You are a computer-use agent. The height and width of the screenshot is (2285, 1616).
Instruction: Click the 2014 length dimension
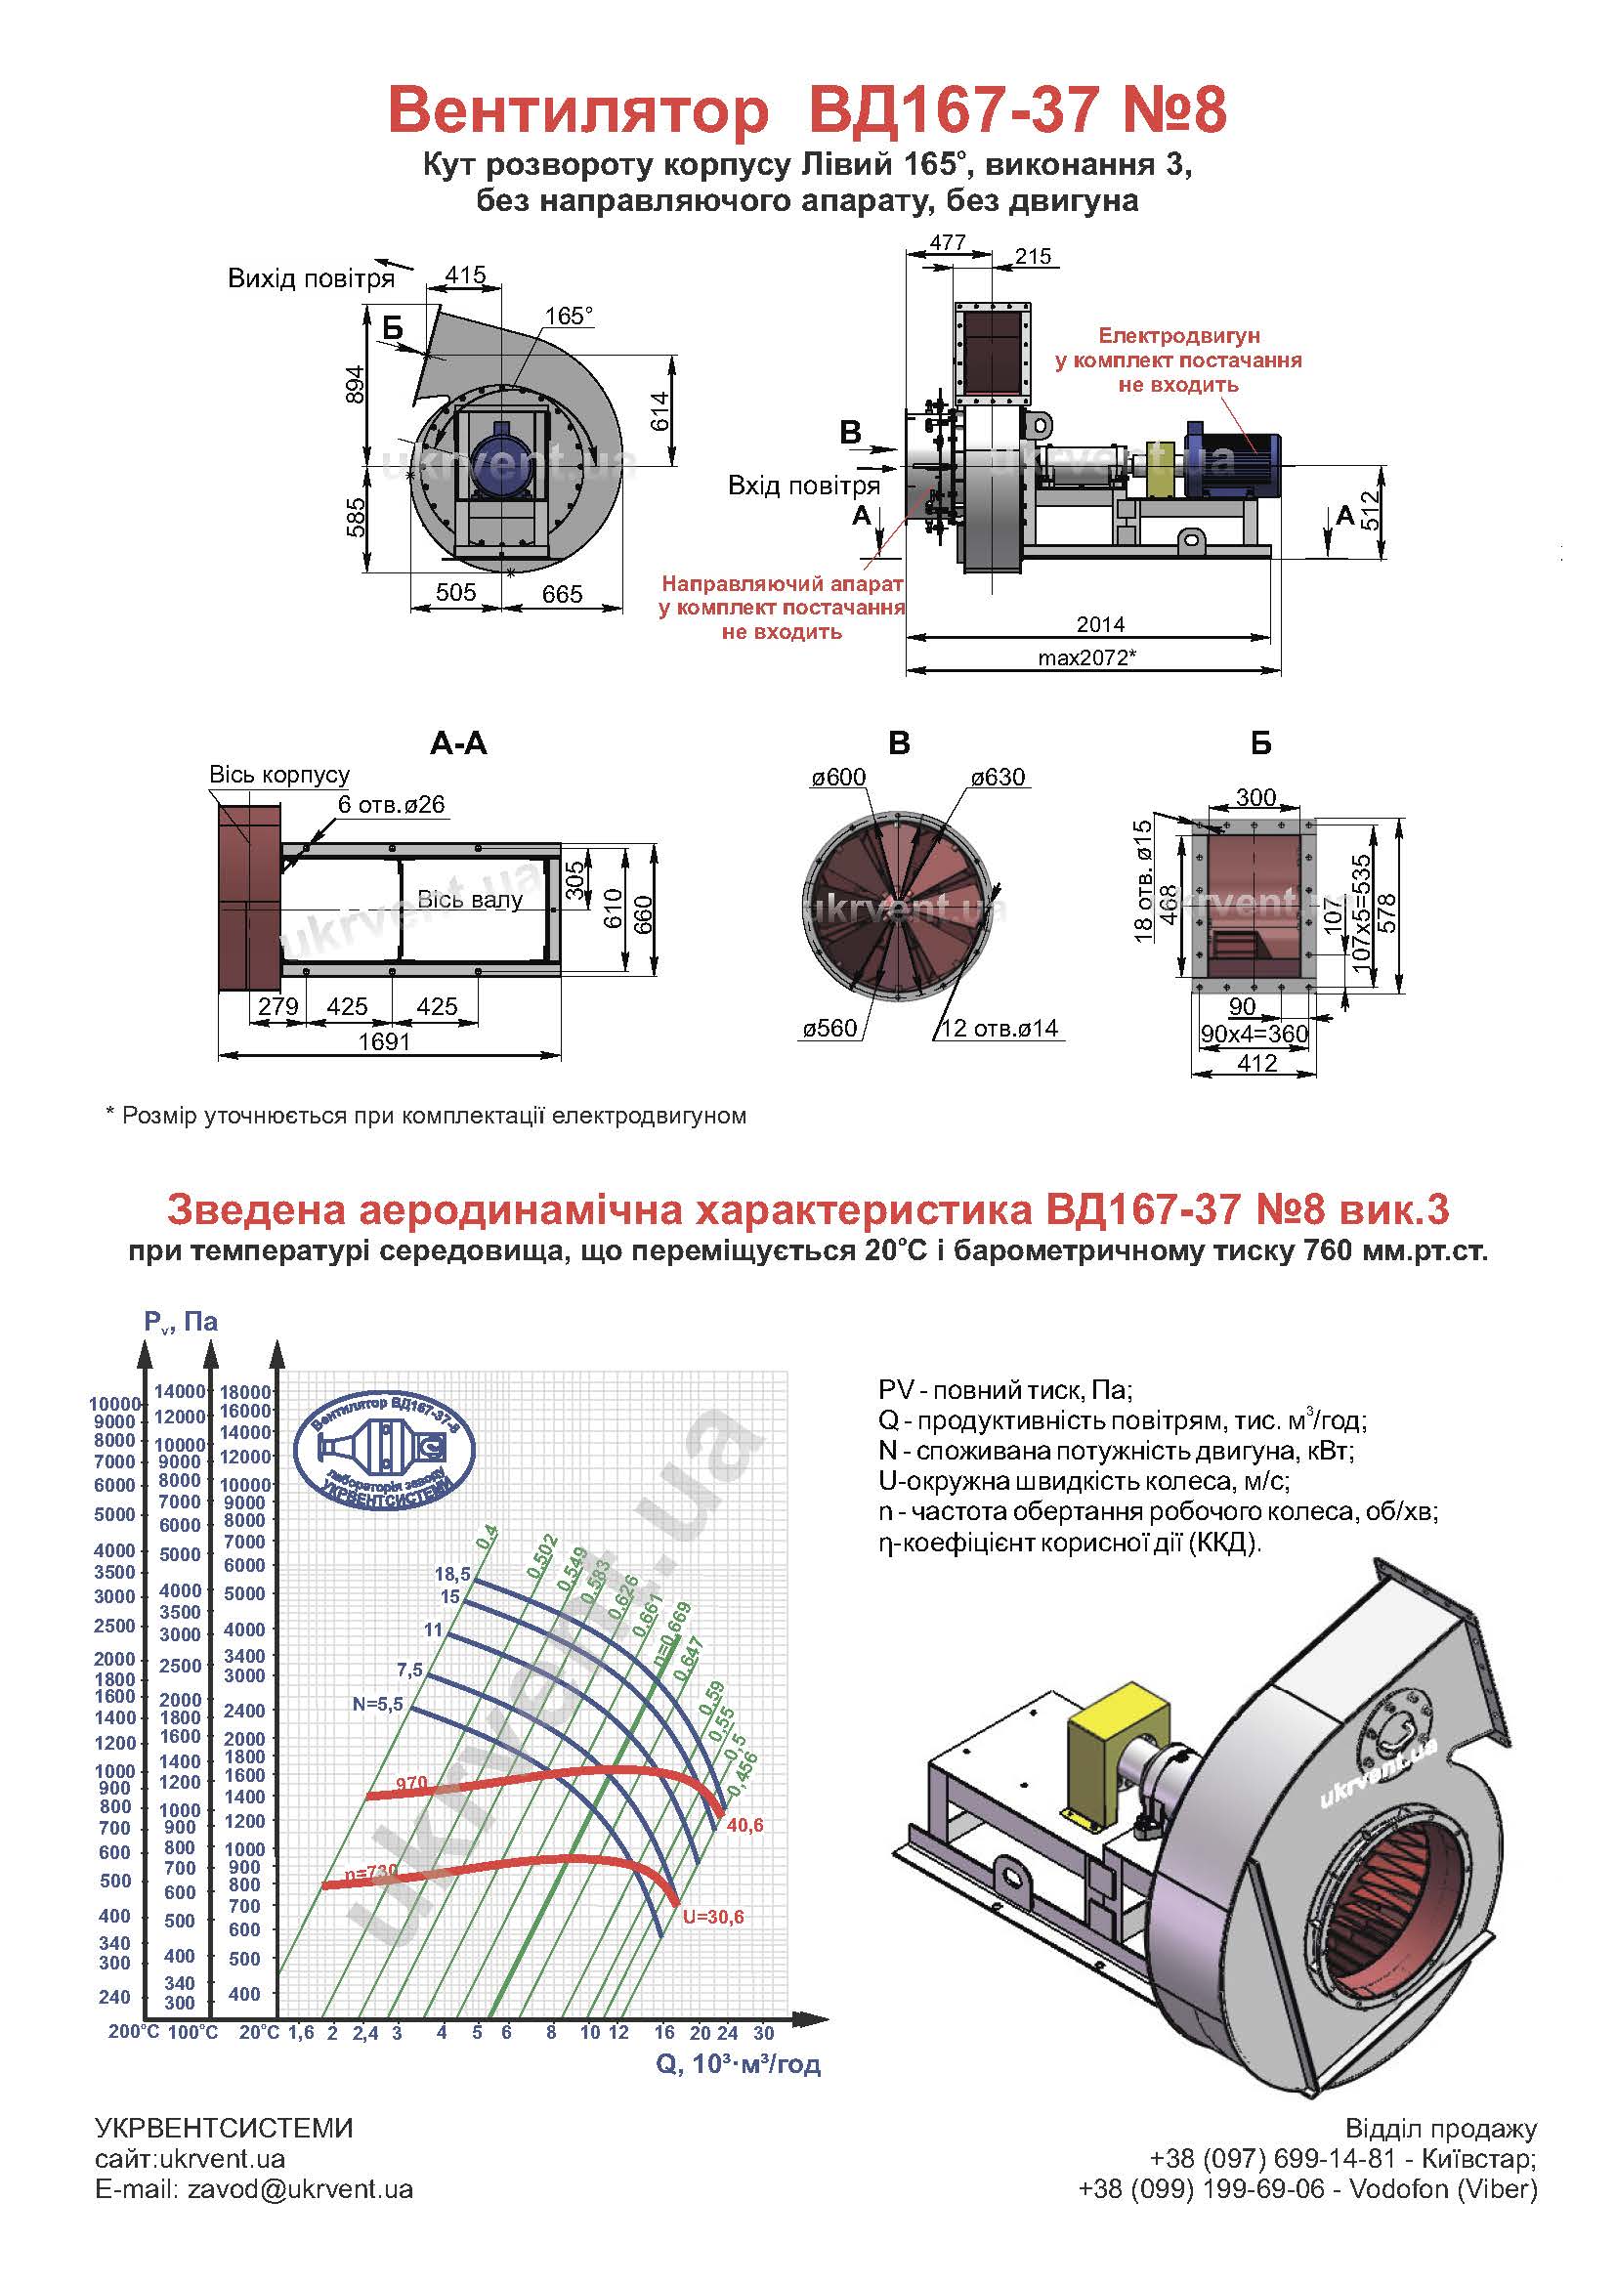pos(1099,624)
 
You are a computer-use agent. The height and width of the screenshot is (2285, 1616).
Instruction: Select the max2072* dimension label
pos(1086,656)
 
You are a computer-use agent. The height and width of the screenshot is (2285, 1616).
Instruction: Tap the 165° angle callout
pos(569,316)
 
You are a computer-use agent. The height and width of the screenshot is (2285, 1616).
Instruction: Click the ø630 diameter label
pos(998,777)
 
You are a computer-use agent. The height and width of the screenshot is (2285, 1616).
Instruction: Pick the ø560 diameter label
pos(829,1028)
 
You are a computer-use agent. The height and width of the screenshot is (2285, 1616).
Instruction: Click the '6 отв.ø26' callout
pos(391,803)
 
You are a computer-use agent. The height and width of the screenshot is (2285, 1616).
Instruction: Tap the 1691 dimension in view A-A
pos(384,1041)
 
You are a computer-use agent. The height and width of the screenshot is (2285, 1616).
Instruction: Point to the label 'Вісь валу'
pos(470,900)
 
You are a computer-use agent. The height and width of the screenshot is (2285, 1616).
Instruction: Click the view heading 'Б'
pos(1260,743)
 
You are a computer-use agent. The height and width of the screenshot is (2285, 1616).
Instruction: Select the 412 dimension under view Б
pos(1256,1063)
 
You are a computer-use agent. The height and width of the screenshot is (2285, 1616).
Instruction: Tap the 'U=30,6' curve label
pos(712,1917)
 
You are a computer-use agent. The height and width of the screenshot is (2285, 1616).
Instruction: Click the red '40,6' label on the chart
pos(744,1825)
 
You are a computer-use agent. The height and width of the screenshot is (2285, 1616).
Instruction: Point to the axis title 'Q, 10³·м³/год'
pos(739,2063)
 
